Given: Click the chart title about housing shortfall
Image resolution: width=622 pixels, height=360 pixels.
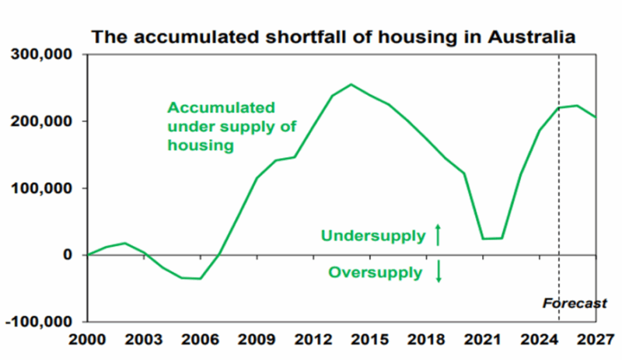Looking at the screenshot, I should point(334,37).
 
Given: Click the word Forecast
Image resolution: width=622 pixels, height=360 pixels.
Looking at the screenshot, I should point(575,304).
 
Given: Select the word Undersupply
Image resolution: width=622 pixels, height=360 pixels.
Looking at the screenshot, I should point(373,236).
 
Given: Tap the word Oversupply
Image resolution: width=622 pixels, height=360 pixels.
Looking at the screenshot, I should point(375,273).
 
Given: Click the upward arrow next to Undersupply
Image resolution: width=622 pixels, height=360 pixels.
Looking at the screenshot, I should point(438,235).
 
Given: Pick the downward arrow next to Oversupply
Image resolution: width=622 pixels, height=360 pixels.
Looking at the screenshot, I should point(438,272).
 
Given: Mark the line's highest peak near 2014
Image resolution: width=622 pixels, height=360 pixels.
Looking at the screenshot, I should point(351,84).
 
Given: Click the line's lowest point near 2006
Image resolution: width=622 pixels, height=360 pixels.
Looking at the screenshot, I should point(200,278).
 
